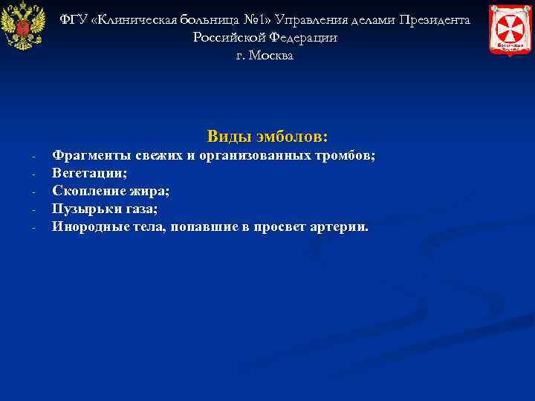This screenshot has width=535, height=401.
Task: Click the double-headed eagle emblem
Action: pyautogui.click(x=22, y=27)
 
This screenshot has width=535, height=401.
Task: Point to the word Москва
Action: pyautogui.click(x=273, y=56)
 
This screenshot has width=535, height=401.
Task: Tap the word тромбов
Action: pyautogui.click(x=346, y=155)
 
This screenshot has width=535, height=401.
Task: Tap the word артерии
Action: pyautogui.click(x=338, y=226)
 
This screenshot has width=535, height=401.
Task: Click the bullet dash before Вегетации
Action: pyautogui.click(x=34, y=175)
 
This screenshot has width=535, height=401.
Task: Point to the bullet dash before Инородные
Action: pyautogui.click(x=34, y=228)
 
